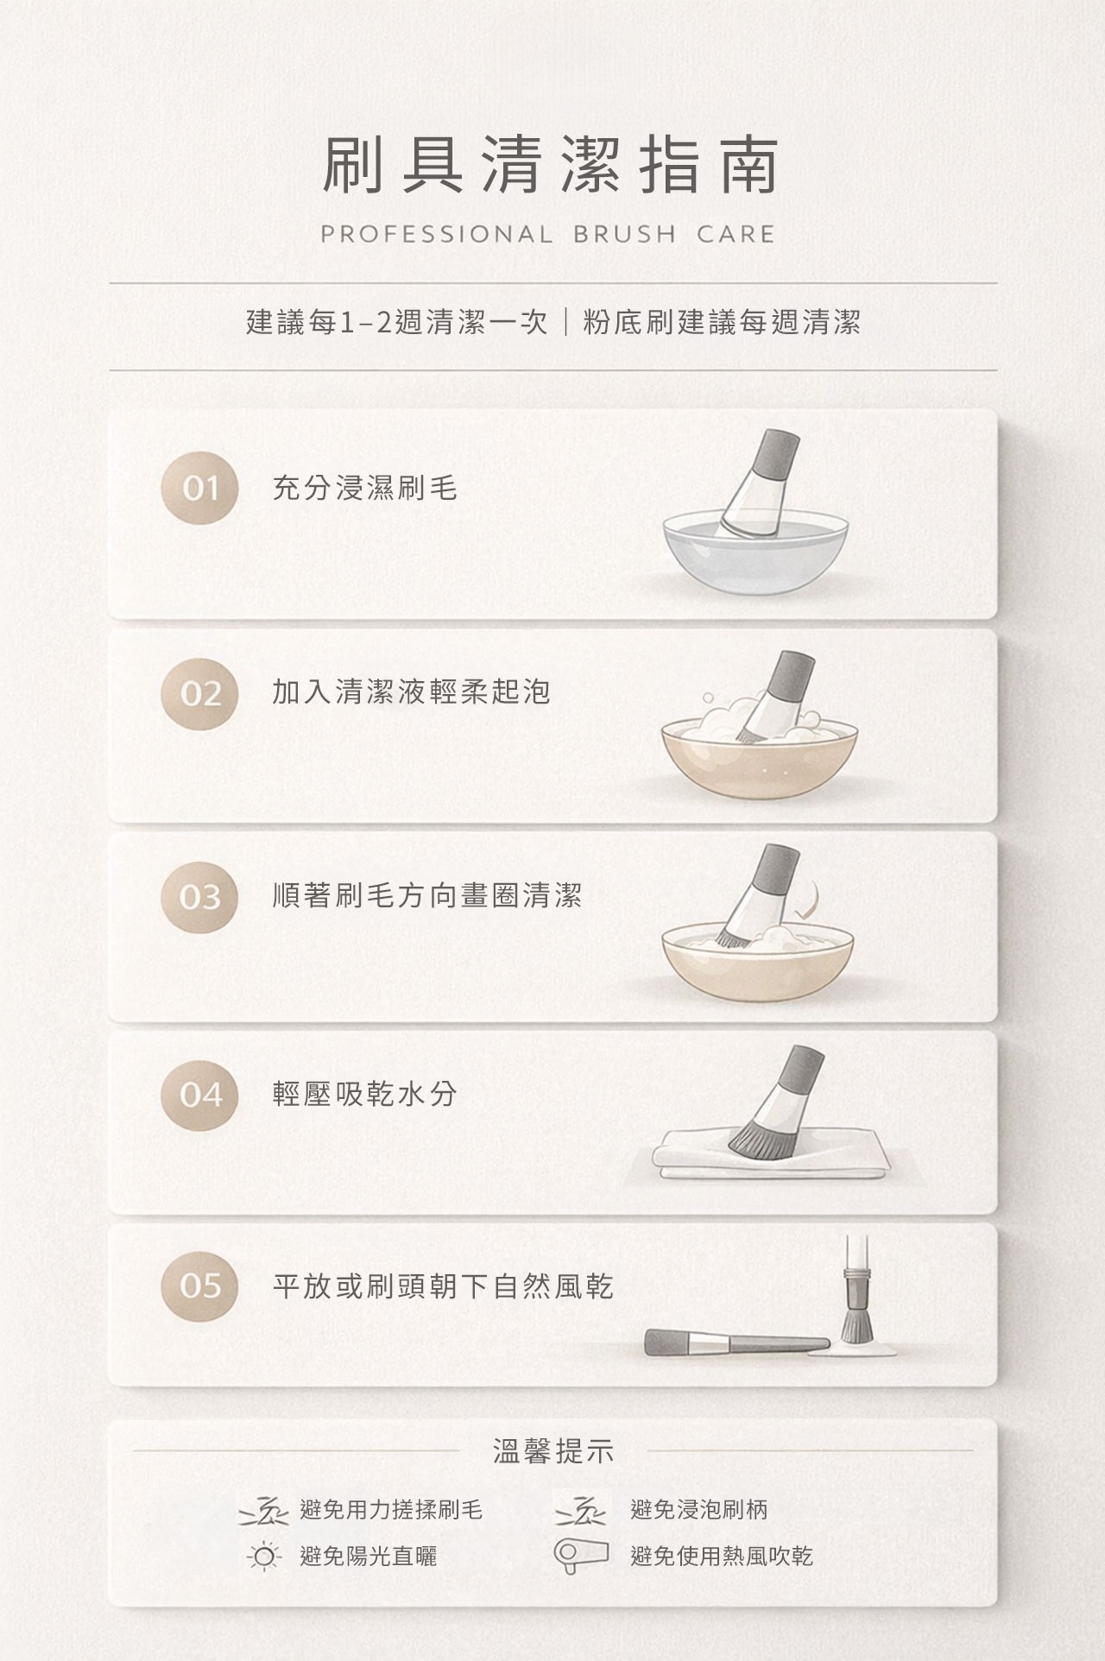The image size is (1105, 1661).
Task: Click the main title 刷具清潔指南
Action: pos(551,164)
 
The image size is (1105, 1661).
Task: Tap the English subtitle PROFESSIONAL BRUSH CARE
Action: pos(548,234)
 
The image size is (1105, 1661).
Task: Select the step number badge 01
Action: pos(199,489)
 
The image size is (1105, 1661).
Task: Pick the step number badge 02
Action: pos(199,693)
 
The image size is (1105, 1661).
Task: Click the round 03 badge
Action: pos(199,898)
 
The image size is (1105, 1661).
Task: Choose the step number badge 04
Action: pos(199,1095)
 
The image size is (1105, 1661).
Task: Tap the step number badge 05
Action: pos(199,1286)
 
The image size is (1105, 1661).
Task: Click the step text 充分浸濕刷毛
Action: pos(364,489)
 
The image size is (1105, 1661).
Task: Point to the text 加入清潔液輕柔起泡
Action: pos(411,692)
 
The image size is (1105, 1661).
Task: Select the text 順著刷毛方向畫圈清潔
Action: pos(427,896)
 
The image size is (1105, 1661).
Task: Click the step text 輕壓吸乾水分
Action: pos(364,1095)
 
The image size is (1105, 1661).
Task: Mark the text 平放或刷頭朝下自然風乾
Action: pos(443,1287)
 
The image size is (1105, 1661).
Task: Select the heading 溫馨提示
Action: pos(552,1452)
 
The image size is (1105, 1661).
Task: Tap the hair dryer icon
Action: pos(579,1556)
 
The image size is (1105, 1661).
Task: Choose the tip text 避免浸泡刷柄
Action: pos(699,1510)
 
